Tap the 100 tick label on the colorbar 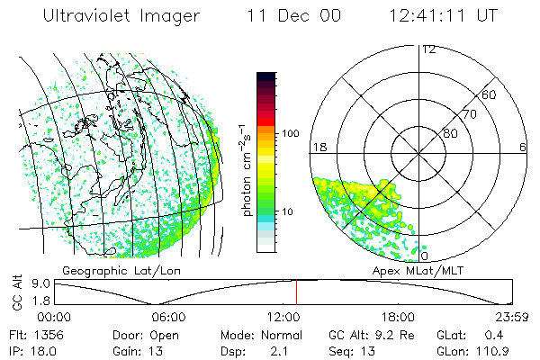[x=290, y=133]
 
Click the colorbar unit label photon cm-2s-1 [x=249, y=170]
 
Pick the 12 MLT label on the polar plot [x=428, y=49]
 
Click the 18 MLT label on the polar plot [x=318, y=147]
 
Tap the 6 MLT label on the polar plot [x=523, y=147]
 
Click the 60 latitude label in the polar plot [x=490, y=94]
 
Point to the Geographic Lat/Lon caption [x=105, y=270]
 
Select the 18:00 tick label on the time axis [x=398, y=317]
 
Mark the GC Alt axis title [x=15, y=291]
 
